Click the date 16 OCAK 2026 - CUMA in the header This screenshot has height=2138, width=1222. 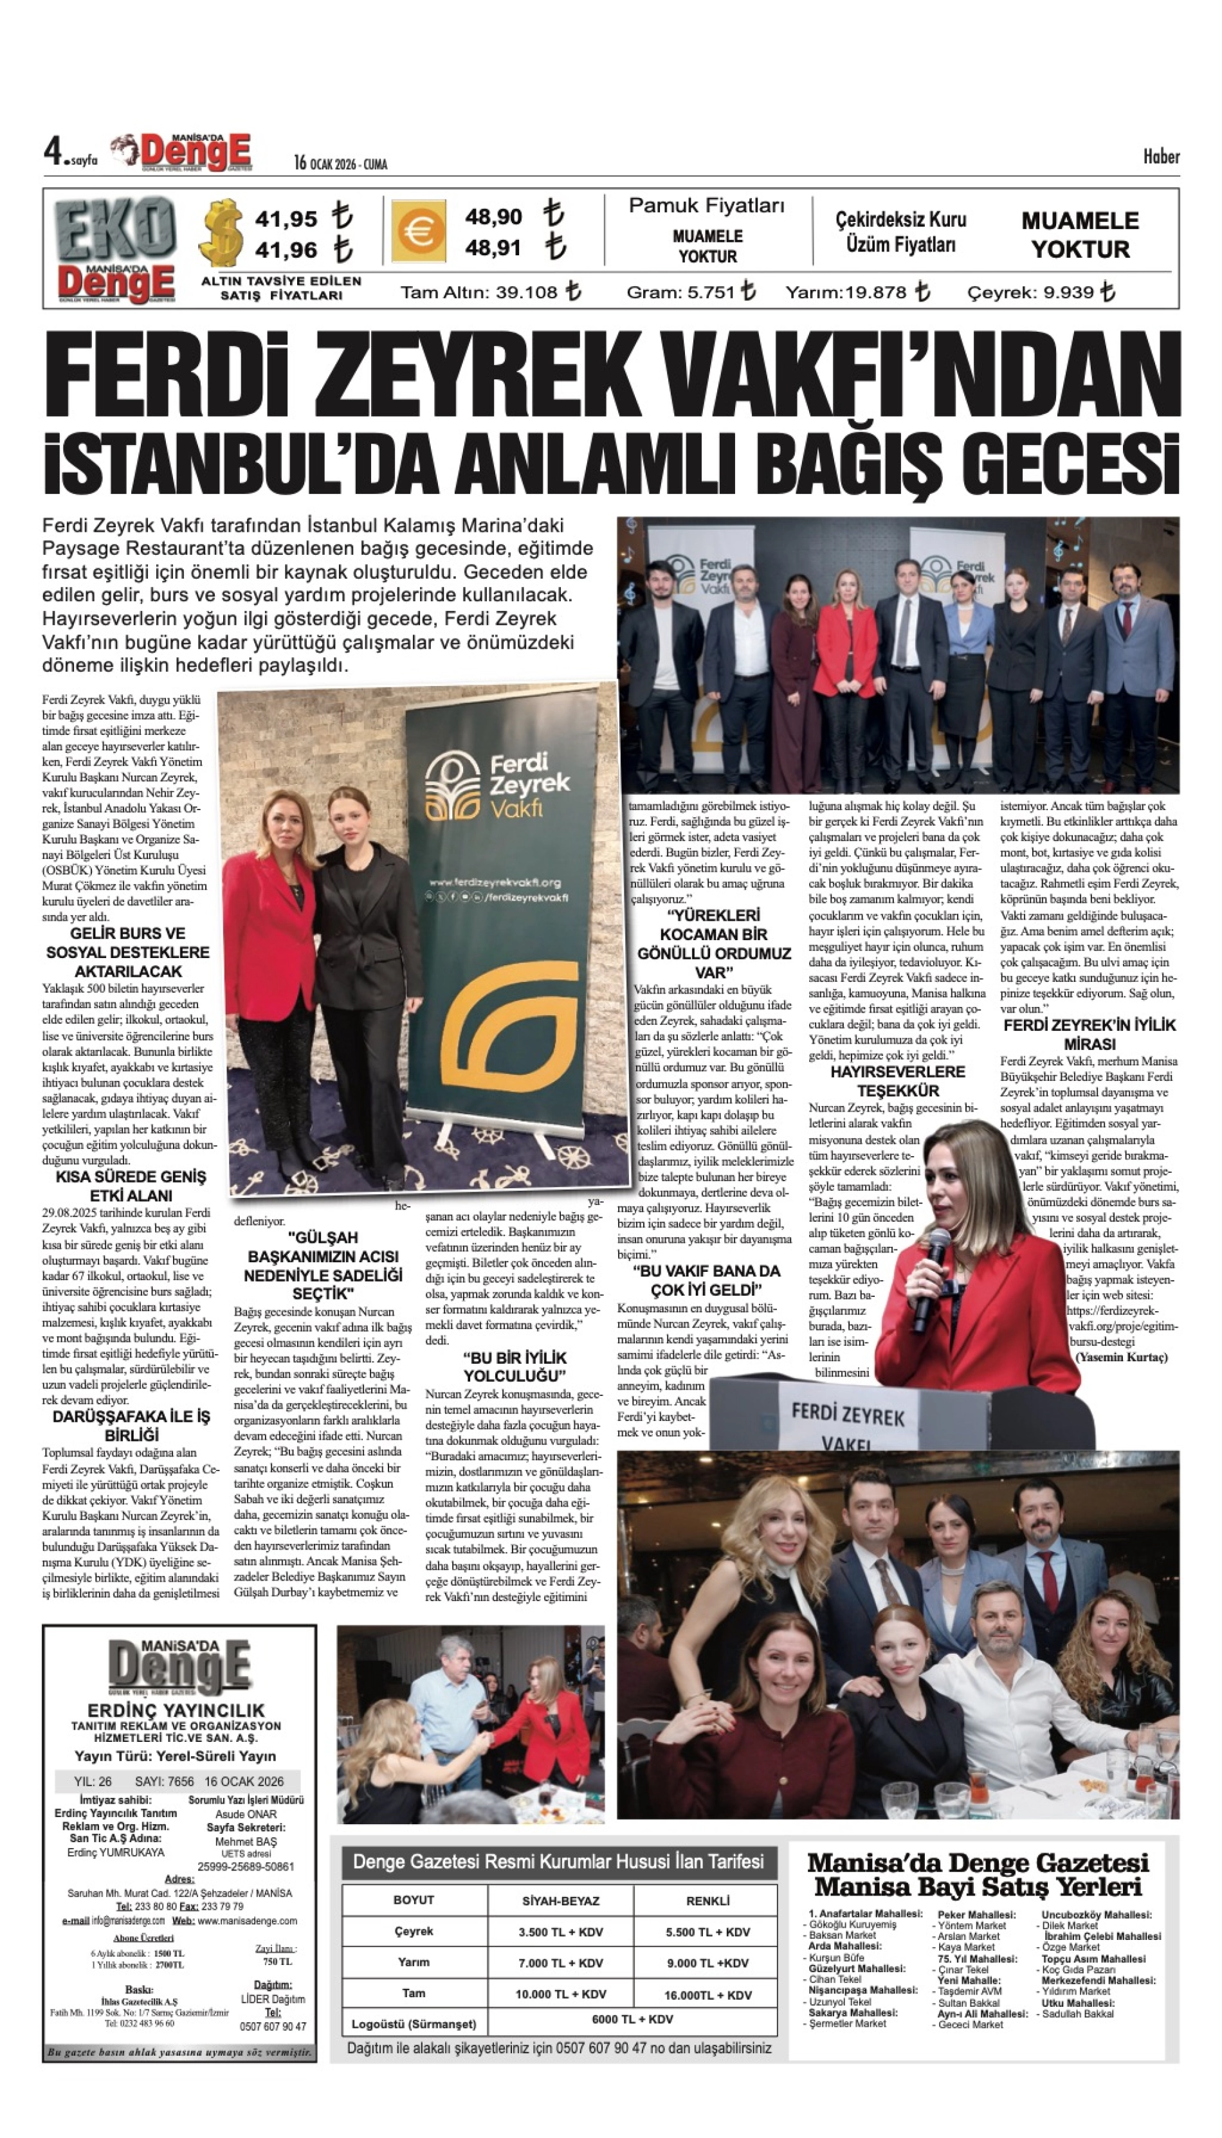340,163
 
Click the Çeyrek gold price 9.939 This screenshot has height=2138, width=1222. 1068,293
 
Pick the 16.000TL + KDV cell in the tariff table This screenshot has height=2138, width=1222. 707,1995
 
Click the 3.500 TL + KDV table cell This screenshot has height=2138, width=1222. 561,1932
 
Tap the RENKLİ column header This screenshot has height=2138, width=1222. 707,1901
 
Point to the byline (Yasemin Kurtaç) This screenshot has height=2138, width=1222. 1121,1357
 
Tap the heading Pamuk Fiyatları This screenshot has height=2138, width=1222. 707,206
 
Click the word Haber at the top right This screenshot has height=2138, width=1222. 1161,157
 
